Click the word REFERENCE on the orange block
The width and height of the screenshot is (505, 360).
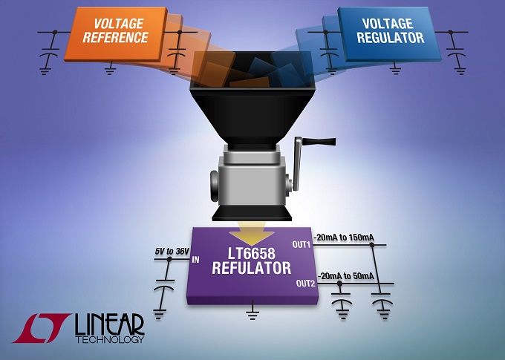115,37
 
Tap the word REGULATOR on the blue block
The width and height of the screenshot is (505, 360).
391,38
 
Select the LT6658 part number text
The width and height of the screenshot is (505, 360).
252,253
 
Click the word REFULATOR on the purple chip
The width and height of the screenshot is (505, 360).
251,268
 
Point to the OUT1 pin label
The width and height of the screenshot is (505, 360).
301,245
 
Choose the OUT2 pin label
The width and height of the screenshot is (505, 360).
305,284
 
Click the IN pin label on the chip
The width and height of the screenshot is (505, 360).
195,259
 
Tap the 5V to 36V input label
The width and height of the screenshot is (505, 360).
172,252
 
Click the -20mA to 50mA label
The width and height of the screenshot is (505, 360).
346,276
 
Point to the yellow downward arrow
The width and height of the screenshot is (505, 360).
252,238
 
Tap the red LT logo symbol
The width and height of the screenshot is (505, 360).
41,328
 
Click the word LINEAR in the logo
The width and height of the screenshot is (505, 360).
109,324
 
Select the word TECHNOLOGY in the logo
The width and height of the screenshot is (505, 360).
110,339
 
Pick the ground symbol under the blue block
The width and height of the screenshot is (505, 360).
395,69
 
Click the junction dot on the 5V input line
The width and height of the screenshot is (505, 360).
169,259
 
